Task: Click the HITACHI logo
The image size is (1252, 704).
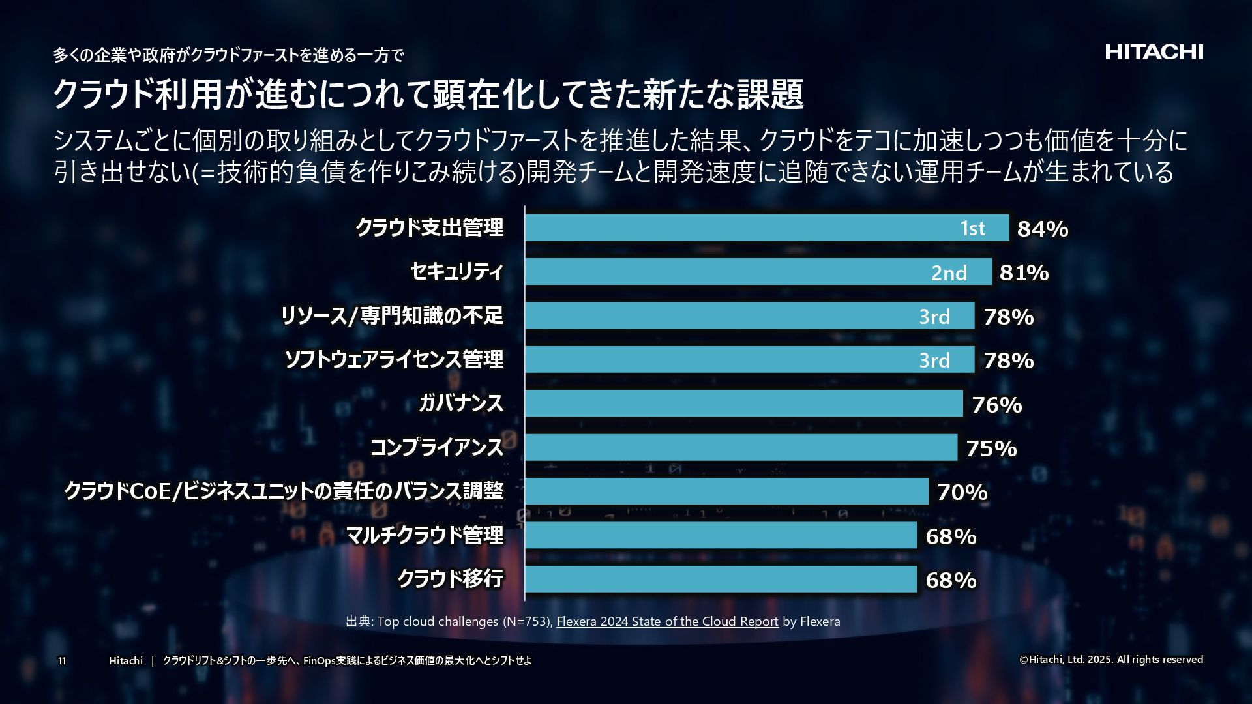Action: click(x=1154, y=52)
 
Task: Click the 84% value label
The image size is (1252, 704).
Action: click(x=1042, y=229)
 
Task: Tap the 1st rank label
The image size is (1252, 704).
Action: click(x=972, y=228)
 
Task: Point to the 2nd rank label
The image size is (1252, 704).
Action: click(x=949, y=272)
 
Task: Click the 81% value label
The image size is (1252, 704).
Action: click(x=1024, y=272)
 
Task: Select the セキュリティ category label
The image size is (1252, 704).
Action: click(x=456, y=272)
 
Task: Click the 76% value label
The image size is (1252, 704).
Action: click(x=996, y=405)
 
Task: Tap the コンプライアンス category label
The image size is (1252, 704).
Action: click(x=437, y=447)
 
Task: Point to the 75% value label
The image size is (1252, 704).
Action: click(x=991, y=448)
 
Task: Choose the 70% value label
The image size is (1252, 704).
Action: click(x=962, y=492)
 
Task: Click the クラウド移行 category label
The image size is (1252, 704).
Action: click(x=450, y=579)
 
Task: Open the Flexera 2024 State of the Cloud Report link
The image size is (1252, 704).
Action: click(x=667, y=621)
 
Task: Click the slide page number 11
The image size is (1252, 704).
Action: click(x=62, y=661)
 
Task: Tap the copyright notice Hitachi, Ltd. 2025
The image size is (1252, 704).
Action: click(x=1110, y=660)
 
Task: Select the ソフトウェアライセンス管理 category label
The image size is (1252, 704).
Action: click(x=394, y=359)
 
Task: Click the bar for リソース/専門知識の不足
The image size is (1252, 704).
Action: click(x=717, y=315)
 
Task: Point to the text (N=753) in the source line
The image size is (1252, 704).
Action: click(x=527, y=621)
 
